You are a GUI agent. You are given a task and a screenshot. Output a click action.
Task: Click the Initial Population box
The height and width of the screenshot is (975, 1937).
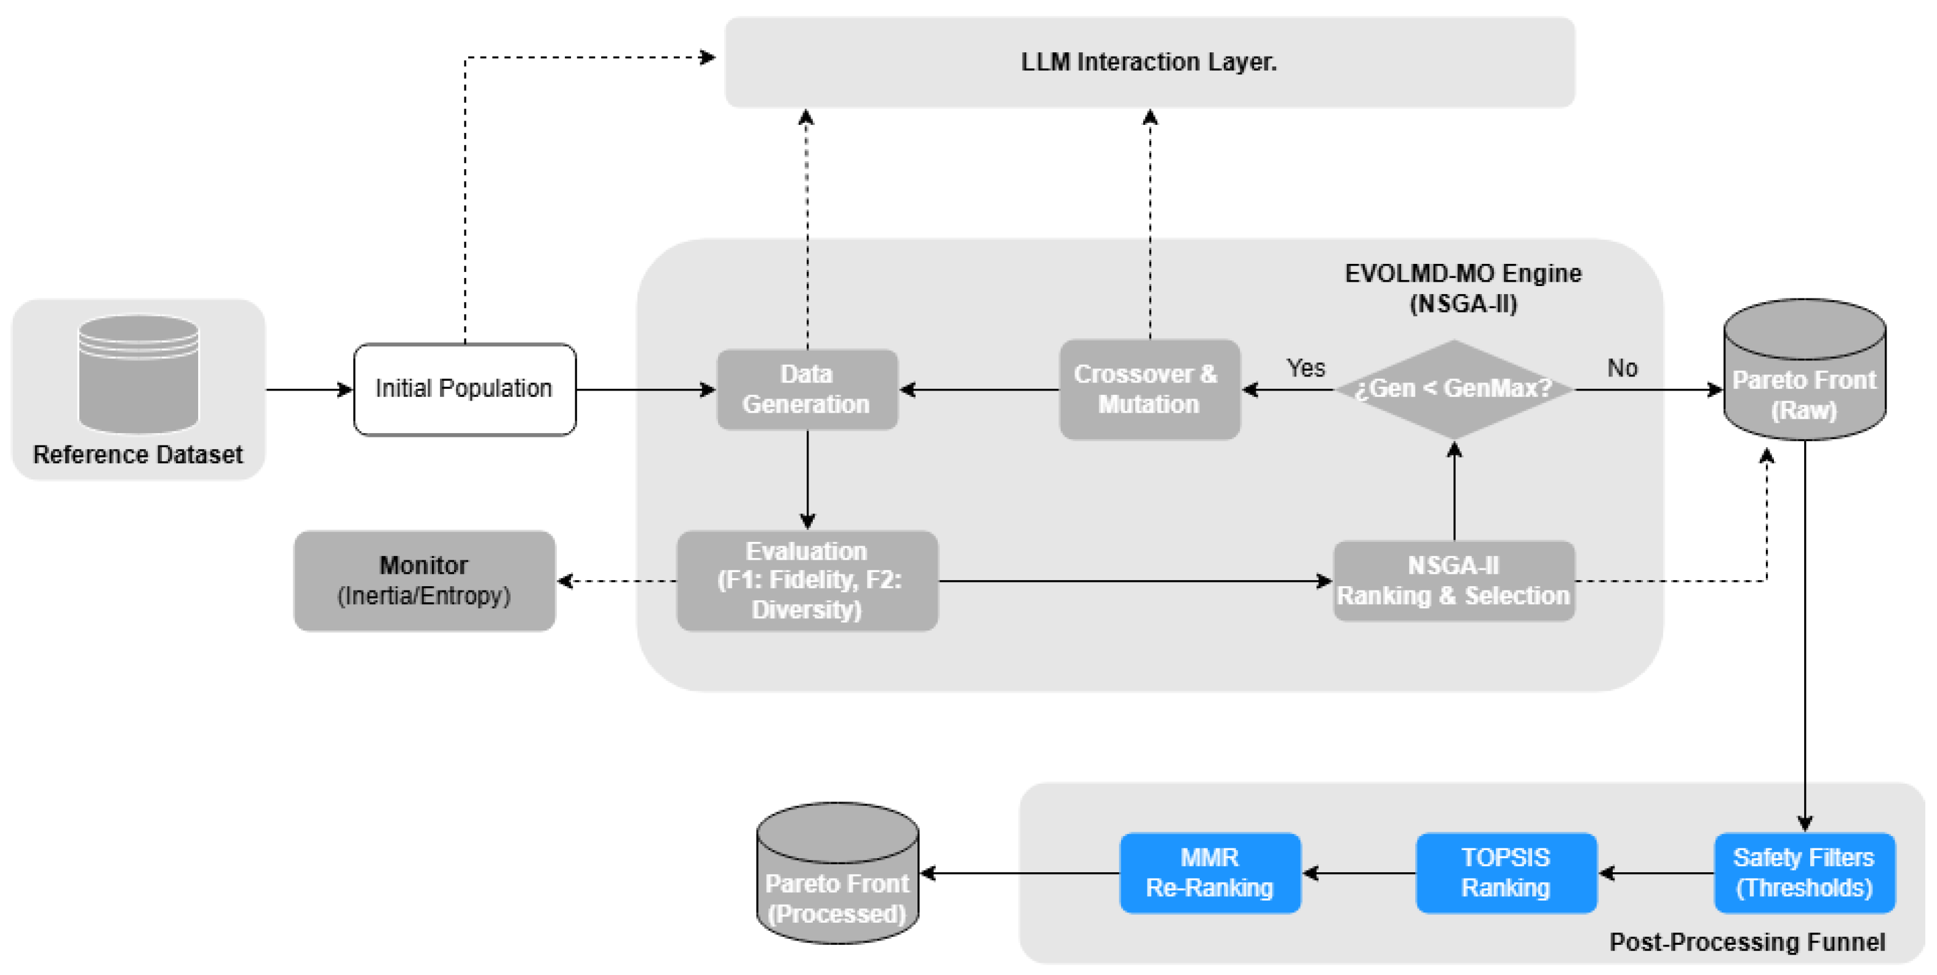(x=464, y=389)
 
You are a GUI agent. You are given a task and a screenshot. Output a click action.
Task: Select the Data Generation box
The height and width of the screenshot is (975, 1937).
(x=807, y=389)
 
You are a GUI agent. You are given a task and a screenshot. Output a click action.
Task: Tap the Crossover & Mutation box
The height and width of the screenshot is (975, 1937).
(x=1149, y=389)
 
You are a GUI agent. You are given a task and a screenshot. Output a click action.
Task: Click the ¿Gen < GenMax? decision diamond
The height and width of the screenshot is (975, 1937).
(x=1453, y=389)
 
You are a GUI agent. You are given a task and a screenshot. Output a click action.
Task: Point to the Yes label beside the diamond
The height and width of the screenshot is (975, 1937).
(x=1305, y=368)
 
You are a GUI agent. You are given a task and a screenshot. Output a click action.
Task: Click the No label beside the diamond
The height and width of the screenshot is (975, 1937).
(x=1622, y=368)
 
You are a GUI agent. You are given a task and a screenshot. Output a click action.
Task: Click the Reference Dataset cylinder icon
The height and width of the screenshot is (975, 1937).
(x=138, y=373)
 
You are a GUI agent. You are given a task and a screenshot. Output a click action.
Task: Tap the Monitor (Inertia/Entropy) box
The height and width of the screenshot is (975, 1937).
(x=424, y=580)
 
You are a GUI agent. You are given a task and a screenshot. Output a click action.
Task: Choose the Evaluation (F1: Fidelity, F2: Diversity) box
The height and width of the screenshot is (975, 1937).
(x=807, y=580)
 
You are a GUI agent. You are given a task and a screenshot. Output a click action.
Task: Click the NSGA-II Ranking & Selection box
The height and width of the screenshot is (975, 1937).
(x=1453, y=580)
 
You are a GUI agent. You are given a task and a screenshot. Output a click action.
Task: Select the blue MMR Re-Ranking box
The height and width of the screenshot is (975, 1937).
(x=1209, y=873)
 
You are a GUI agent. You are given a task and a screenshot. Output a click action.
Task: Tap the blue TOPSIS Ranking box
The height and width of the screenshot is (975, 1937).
(x=1506, y=873)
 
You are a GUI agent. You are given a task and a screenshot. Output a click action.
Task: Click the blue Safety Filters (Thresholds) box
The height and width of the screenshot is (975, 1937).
(x=1804, y=873)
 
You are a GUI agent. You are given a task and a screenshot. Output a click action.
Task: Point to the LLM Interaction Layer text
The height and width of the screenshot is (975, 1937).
(x=1148, y=62)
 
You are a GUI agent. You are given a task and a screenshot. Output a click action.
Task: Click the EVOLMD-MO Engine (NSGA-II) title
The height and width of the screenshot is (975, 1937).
(x=1463, y=288)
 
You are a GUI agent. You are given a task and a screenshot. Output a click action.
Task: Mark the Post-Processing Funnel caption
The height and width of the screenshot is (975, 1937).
(x=1746, y=942)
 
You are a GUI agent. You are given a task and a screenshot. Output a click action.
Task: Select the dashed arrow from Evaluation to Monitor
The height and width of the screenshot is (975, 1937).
(x=617, y=581)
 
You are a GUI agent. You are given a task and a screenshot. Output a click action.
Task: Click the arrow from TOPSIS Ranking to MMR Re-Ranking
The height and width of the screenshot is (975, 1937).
(x=1358, y=873)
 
